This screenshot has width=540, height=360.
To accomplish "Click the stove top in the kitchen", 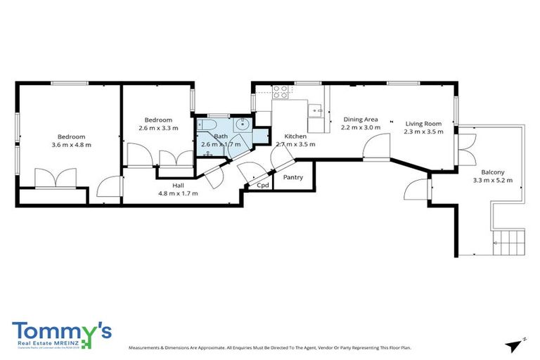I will point(281,90).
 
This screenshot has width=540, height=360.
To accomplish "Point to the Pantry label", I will point(292,177).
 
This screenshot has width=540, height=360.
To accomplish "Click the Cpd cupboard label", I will point(262,186).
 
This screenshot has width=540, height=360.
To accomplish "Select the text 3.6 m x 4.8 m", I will point(71,145).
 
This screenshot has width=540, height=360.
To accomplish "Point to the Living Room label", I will point(423,124).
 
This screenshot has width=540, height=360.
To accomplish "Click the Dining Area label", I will point(360,120).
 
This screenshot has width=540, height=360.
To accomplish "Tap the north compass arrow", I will point(516,344).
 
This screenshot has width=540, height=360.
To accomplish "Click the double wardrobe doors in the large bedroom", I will point(55,177).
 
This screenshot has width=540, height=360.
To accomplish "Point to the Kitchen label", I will point(295,136).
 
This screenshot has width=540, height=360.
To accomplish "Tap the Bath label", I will point(221,136).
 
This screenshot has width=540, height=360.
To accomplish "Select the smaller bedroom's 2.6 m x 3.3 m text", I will point(158,128).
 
